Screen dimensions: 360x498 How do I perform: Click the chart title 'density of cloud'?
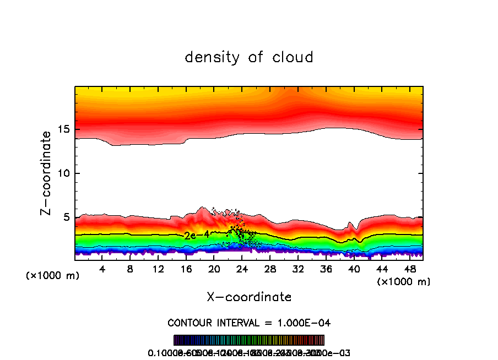(249, 57)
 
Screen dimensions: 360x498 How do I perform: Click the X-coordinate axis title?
(249, 297)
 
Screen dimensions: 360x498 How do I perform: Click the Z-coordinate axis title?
(47, 173)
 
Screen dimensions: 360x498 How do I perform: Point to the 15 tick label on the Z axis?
(62, 129)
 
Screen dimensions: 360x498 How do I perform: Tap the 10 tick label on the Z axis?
(62, 173)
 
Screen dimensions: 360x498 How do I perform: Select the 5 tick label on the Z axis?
(65, 217)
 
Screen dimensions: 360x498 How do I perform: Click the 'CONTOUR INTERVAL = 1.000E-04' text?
(249, 322)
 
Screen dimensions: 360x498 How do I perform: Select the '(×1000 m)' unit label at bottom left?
(53, 275)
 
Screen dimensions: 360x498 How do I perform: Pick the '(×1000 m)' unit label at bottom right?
(404, 281)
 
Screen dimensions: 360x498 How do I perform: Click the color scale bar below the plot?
(249, 340)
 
